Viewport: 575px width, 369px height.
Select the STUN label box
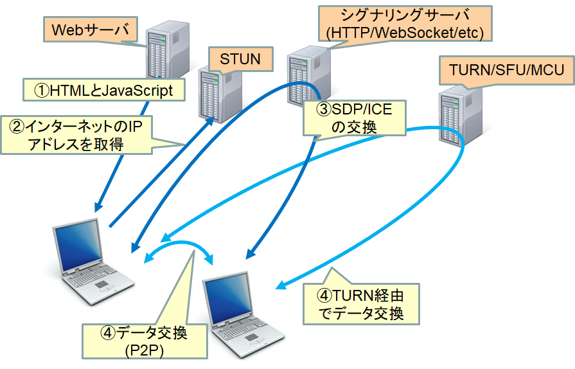coord(240,60)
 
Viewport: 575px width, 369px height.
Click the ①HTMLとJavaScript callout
coord(103,91)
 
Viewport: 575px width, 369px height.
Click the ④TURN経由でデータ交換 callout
coord(361,305)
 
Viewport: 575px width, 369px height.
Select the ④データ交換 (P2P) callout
coord(144,341)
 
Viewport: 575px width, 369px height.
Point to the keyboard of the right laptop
coord(254,327)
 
